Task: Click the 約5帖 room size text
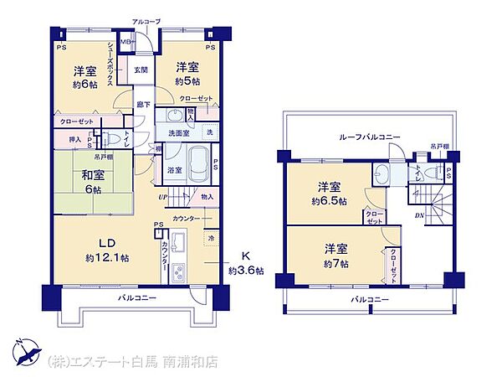[187, 80]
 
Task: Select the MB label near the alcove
[125, 40]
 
